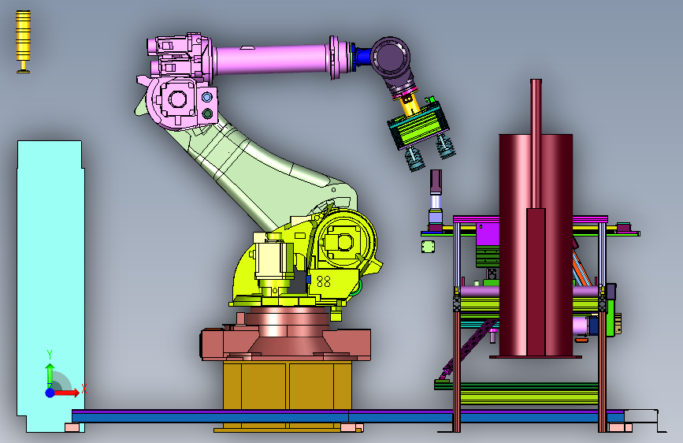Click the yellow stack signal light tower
pos(23,42)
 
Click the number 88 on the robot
pos(323,281)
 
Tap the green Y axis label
pos(50,355)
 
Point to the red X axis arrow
pos(65,393)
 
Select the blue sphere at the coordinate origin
pos(50,393)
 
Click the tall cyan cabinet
pos(50,285)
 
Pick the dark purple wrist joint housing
pos(392,58)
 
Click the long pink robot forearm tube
pos(273,59)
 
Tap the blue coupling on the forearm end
pos(362,57)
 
